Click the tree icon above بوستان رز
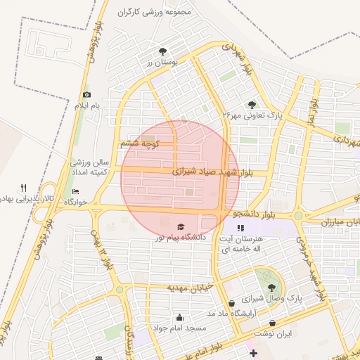click(x=163, y=51)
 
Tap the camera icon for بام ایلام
click(x=87, y=94)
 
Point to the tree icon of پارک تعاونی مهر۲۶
click(x=252, y=104)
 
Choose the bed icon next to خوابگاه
click(x=76, y=192)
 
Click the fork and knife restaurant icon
click(x=23, y=188)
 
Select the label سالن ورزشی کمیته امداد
click(x=88, y=167)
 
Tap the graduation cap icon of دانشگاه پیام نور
click(x=181, y=227)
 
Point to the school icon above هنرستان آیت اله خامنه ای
click(x=241, y=228)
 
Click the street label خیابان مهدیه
click(x=188, y=288)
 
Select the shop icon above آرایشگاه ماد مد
click(x=232, y=303)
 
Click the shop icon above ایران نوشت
click(x=273, y=323)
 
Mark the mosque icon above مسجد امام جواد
click(x=181, y=318)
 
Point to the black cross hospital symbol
click(x=253, y=352)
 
